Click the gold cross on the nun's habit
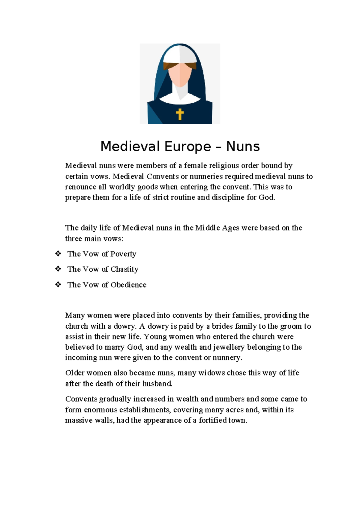pyautogui.click(x=180, y=114)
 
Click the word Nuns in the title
pyautogui.click(x=243, y=146)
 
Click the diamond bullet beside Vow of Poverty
pyautogui.click(x=58, y=254)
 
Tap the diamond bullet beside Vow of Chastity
pyautogui.click(x=58, y=269)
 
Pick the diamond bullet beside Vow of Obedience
pyautogui.click(x=58, y=285)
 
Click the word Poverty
pyautogui.click(x=123, y=254)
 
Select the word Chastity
pyautogui.click(x=124, y=269)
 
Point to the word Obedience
pyautogui.click(x=128, y=285)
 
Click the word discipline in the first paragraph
pyautogui.click(x=228, y=197)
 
